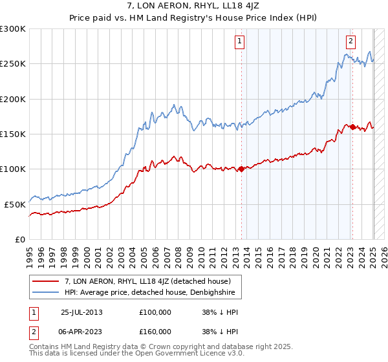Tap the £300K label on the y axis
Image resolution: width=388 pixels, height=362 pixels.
click(x=12, y=29)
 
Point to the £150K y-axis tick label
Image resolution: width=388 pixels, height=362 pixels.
click(x=12, y=134)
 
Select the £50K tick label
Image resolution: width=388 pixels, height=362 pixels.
click(x=14, y=204)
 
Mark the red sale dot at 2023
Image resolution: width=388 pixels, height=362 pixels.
click(x=353, y=127)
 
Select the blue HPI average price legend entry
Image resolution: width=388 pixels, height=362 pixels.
click(x=153, y=293)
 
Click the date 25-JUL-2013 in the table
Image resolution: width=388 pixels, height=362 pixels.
click(x=81, y=312)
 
